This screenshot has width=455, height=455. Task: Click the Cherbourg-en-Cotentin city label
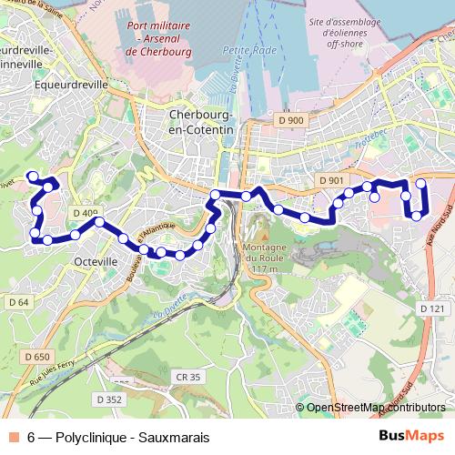coord(201,123)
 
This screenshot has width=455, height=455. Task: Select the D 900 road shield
coord(292,120)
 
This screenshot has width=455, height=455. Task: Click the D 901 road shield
coord(332,180)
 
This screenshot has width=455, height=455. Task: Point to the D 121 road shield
coord(433,309)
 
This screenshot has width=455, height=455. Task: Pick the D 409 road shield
coord(83,214)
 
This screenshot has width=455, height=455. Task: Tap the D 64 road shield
coord(18,301)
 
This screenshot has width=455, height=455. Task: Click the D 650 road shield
coord(38,357)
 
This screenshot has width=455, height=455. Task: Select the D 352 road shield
coord(108,399)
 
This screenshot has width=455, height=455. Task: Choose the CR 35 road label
coord(188,376)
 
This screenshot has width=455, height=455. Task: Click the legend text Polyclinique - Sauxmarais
coord(131,437)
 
